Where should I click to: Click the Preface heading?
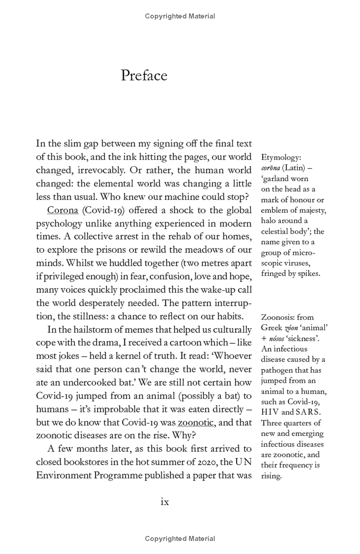(x=144, y=75)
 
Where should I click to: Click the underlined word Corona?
(x=63, y=211)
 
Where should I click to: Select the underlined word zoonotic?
(x=195, y=422)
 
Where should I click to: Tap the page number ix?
(x=165, y=501)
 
